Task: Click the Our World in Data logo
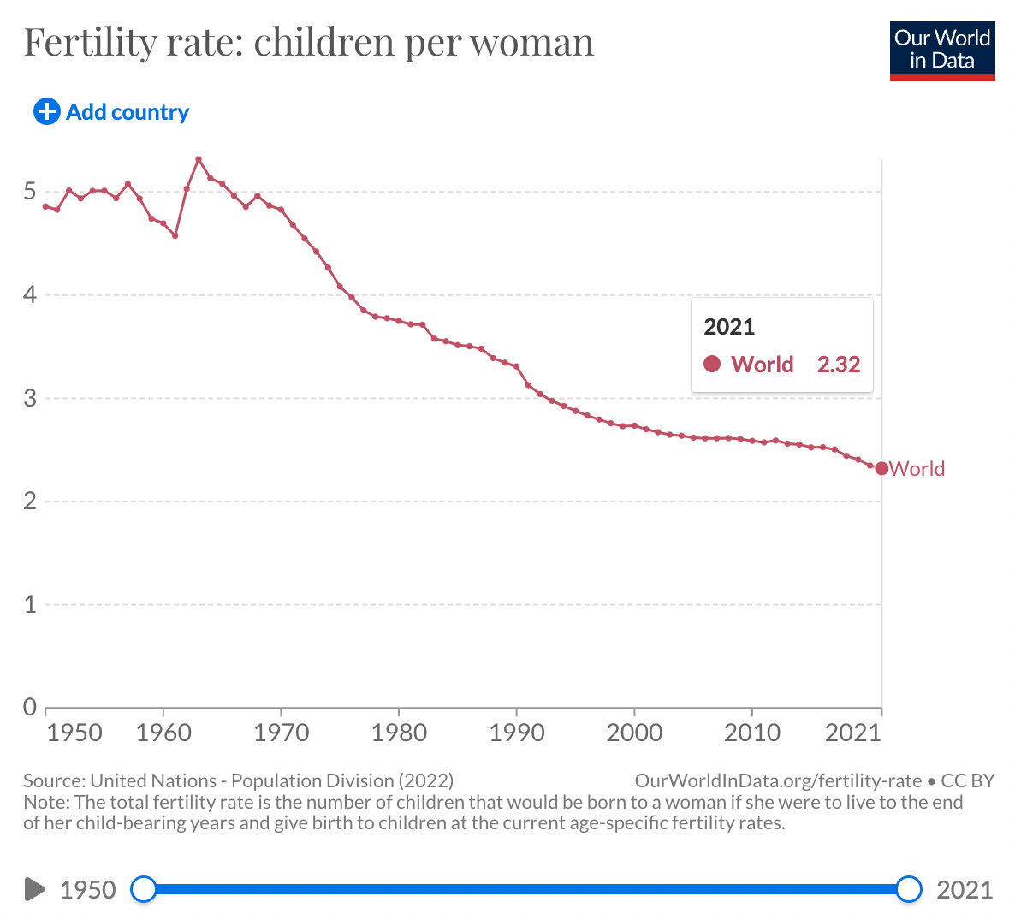pyautogui.click(x=942, y=51)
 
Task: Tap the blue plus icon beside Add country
pyautogui.click(x=46, y=111)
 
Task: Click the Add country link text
pyautogui.click(x=128, y=112)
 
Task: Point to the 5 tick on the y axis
pyautogui.click(x=29, y=192)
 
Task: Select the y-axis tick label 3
pyautogui.click(x=29, y=398)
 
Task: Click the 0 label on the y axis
pyautogui.click(x=29, y=707)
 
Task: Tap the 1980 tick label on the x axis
pyautogui.click(x=399, y=733)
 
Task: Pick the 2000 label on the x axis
pyautogui.click(x=634, y=733)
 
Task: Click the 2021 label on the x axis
pyautogui.click(x=853, y=733)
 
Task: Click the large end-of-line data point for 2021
pyautogui.click(x=881, y=468)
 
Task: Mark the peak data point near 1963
pyautogui.click(x=199, y=158)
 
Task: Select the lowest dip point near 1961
pyautogui.click(x=175, y=235)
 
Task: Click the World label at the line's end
pyautogui.click(x=917, y=469)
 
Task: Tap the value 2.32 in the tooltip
pyautogui.click(x=839, y=365)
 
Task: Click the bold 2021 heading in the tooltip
pyautogui.click(x=729, y=327)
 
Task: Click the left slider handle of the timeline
pyautogui.click(x=144, y=889)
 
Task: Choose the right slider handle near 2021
pyautogui.click(x=909, y=889)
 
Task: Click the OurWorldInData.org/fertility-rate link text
pyautogui.click(x=778, y=780)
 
